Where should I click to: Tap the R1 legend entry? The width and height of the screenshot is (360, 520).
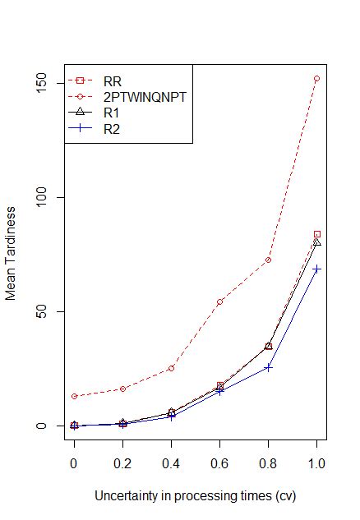tap(113, 112)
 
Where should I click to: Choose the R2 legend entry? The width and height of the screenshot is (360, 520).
tap(113, 127)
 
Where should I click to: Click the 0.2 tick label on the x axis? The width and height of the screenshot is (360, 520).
tap(122, 466)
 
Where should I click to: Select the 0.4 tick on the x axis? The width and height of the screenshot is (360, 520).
tap(171, 466)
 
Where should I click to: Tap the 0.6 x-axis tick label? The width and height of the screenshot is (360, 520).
tap(219, 466)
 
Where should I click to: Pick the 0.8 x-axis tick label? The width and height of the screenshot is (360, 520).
tap(268, 466)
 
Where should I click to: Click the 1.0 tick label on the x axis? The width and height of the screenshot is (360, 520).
tap(316, 466)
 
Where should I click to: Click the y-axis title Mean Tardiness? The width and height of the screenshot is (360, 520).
tap(12, 254)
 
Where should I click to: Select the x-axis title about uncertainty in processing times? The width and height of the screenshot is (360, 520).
tap(196, 497)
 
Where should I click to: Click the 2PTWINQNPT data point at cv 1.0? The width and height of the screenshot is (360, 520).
tap(316, 78)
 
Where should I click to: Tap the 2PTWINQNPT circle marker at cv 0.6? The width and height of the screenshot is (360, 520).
tap(219, 302)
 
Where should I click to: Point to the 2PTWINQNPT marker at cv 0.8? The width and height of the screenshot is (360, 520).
tap(268, 260)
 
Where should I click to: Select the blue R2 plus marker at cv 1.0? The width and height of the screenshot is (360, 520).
tap(316, 269)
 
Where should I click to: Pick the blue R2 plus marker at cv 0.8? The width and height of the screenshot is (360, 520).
tap(268, 367)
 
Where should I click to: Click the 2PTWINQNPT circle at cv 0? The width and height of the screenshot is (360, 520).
tap(74, 396)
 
